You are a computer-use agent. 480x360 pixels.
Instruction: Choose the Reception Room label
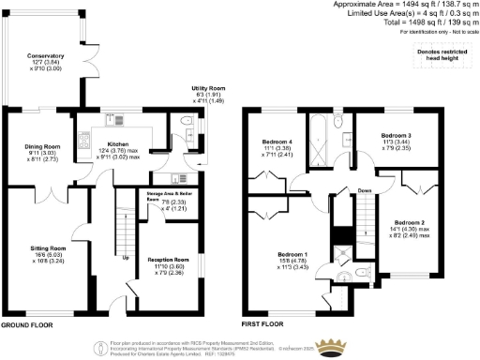coord(169,260)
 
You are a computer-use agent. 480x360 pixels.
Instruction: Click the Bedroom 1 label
coord(292,253)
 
